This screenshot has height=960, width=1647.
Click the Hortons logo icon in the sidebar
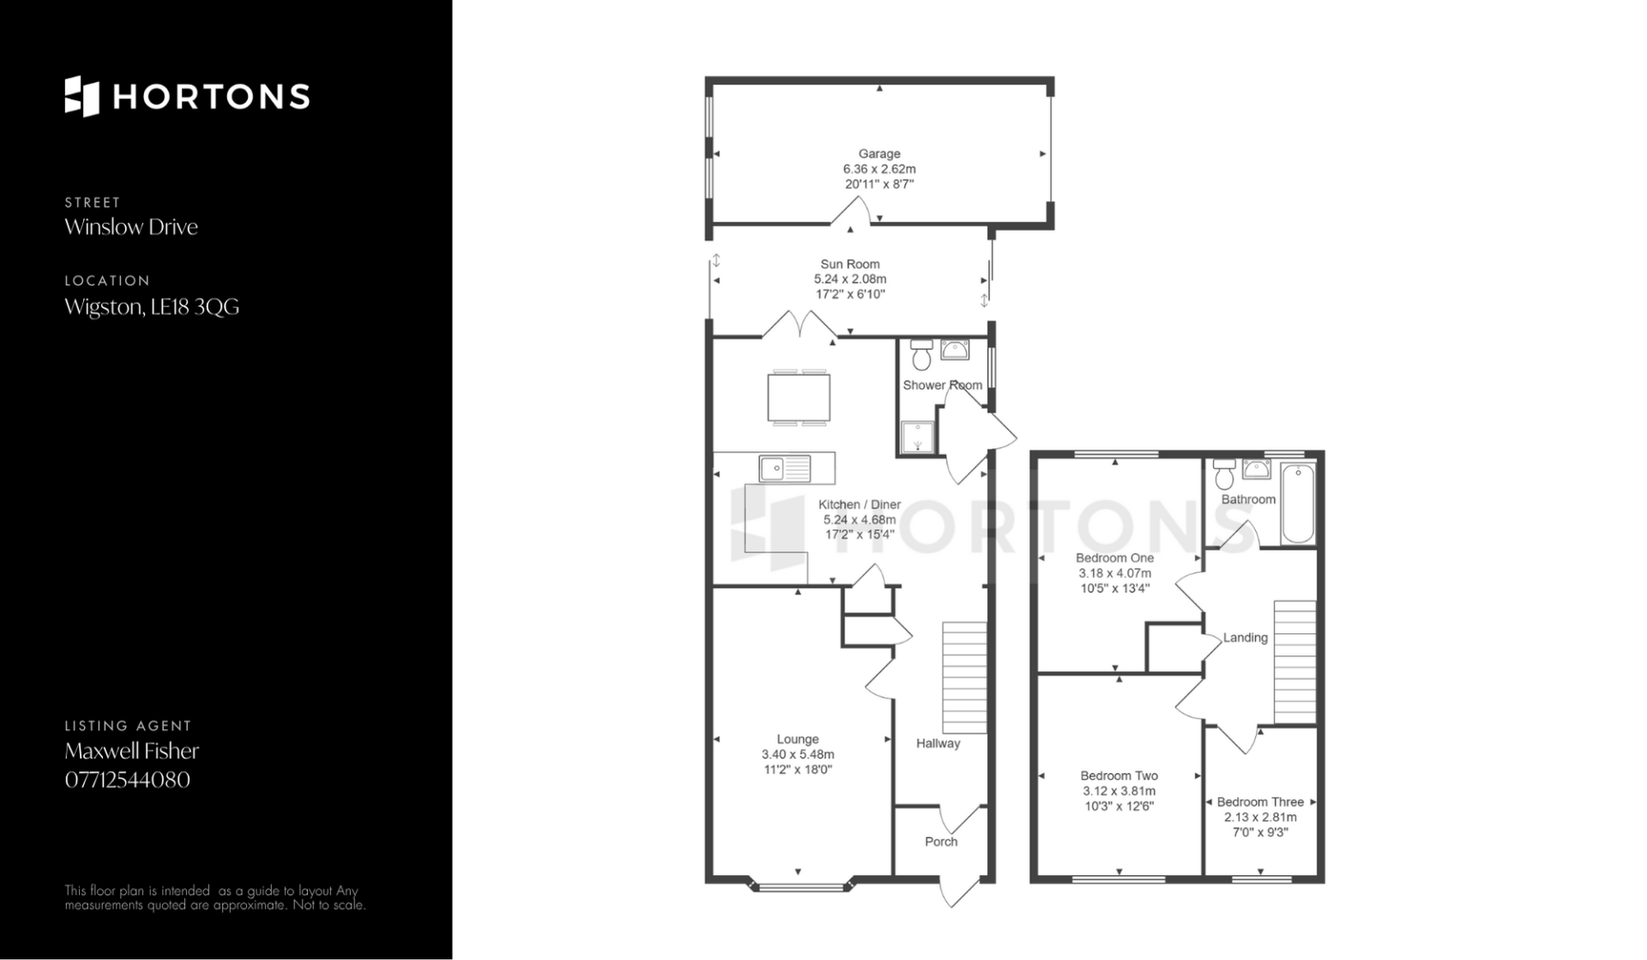82,96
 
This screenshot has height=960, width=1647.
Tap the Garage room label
879,154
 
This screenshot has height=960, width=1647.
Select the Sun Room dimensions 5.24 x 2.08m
850,279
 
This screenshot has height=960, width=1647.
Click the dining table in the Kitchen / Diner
799,397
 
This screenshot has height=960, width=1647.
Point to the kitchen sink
785,469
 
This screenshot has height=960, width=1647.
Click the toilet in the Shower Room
922,354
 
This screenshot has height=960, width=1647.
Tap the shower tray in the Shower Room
918,437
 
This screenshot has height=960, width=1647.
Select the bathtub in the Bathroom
1298,504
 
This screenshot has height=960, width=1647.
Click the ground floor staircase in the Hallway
964,678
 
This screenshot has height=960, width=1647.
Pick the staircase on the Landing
1294,662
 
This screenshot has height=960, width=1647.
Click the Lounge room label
798,739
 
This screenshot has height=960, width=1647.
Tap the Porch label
941,842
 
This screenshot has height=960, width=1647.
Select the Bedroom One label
1115,558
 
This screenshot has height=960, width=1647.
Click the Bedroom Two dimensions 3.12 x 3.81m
1118,791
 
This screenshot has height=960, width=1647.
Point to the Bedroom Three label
1260,802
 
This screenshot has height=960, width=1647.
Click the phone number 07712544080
128,780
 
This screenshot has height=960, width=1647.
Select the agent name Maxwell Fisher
132,751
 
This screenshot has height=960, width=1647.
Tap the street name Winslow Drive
131,226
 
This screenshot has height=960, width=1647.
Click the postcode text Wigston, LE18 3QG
152,306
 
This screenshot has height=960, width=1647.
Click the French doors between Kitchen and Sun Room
800,326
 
